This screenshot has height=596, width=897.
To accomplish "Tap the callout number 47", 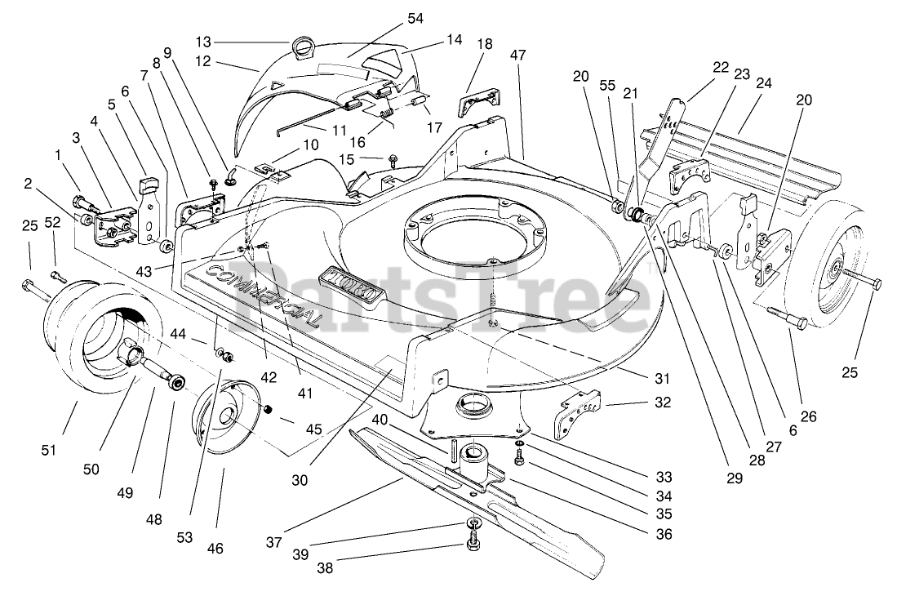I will (519, 56).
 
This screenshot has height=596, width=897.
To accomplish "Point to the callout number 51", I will (48, 450).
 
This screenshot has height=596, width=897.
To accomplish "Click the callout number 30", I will (300, 481).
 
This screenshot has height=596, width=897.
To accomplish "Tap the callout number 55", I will (606, 85).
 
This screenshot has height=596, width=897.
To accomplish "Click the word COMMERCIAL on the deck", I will (263, 296).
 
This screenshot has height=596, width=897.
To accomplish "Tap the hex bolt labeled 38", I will (473, 543).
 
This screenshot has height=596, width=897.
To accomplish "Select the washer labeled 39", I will (473, 523).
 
